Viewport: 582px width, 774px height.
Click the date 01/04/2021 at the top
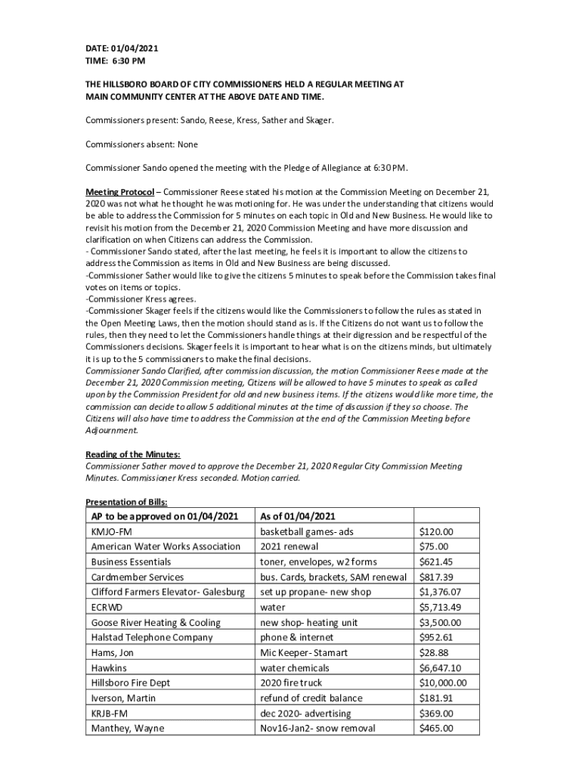coord(137,48)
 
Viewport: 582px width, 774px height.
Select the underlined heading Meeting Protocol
coord(120,191)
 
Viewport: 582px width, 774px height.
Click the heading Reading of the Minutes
coord(132,454)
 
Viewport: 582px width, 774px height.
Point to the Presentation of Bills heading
coord(126,502)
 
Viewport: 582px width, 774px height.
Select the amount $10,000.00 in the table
coord(443,683)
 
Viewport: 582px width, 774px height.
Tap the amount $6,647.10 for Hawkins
coord(440,667)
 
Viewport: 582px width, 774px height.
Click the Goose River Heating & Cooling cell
coord(156,622)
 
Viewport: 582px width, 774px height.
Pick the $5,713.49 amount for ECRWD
coord(440,607)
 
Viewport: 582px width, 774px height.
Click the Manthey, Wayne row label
coord(128,729)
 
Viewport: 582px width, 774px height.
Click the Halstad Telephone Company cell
coord(152,637)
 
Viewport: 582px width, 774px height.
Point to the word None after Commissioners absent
coord(187,144)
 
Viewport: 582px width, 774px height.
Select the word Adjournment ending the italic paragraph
coord(111,430)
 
